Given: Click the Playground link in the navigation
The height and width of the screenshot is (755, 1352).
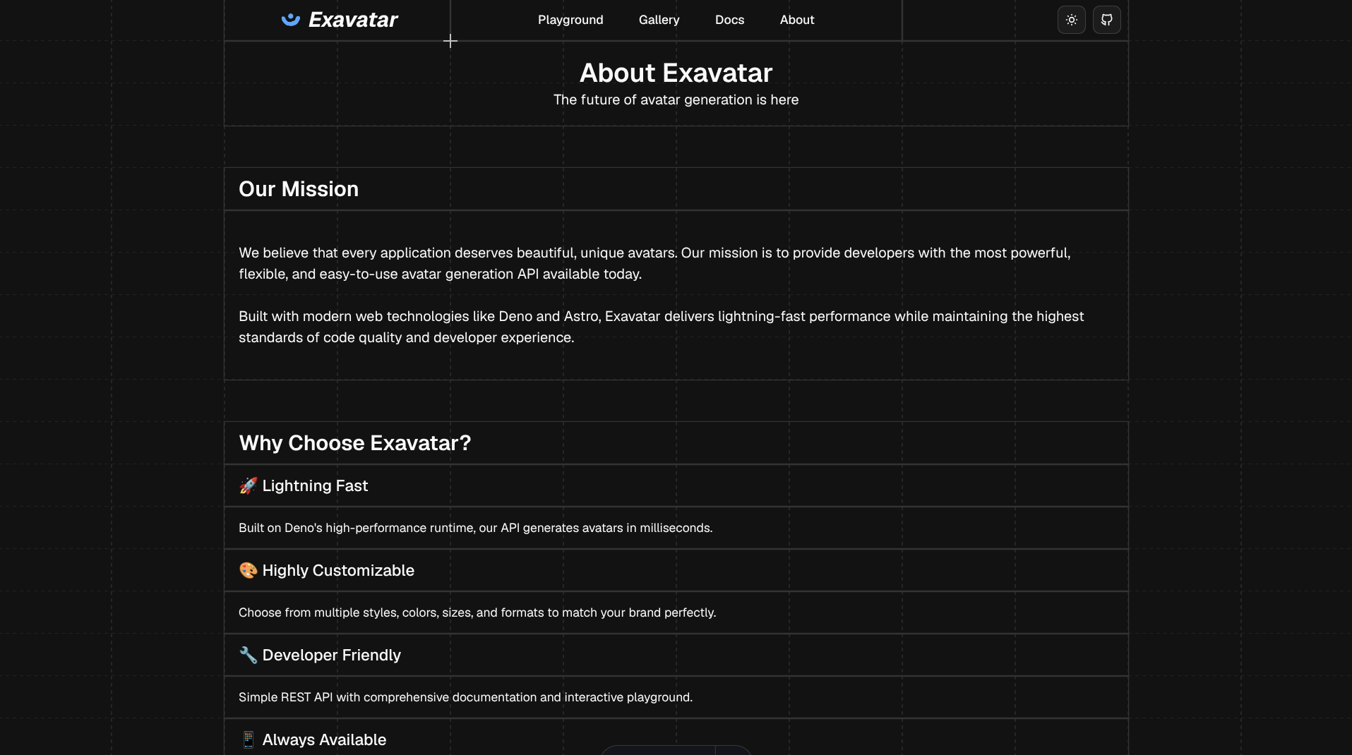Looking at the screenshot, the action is (x=570, y=20).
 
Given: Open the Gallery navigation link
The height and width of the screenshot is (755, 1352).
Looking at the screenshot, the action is (x=659, y=20).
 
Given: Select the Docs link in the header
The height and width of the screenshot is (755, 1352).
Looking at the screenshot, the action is (x=729, y=20).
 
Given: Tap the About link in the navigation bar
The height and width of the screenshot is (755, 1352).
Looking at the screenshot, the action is (x=796, y=20).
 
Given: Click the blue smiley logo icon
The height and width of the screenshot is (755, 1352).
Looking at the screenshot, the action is (x=290, y=20).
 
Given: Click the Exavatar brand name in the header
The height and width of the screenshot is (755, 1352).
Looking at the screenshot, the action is (x=353, y=20).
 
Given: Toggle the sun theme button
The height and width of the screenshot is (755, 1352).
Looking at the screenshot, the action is (x=1071, y=20).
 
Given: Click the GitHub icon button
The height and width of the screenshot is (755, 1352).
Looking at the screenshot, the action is (x=1106, y=20).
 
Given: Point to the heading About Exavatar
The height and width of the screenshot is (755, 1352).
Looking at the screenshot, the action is (x=676, y=73).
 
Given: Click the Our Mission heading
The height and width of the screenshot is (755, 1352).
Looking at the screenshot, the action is (x=299, y=189).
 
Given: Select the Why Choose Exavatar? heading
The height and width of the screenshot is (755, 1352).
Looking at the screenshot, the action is (x=354, y=443).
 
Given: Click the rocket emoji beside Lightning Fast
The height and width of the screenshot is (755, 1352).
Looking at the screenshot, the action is (x=248, y=485).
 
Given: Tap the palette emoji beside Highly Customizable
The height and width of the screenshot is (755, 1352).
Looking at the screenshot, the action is (x=248, y=570).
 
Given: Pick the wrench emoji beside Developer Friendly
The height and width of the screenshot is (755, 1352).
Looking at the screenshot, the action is (x=248, y=655).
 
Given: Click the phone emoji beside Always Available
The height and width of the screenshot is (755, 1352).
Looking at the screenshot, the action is (x=248, y=739).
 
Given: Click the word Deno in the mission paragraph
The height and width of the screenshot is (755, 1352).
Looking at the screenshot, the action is (x=515, y=316).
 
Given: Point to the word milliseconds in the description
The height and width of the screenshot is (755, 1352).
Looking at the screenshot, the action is (x=676, y=528).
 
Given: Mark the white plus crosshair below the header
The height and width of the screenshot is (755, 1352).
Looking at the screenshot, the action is (x=450, y=41).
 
